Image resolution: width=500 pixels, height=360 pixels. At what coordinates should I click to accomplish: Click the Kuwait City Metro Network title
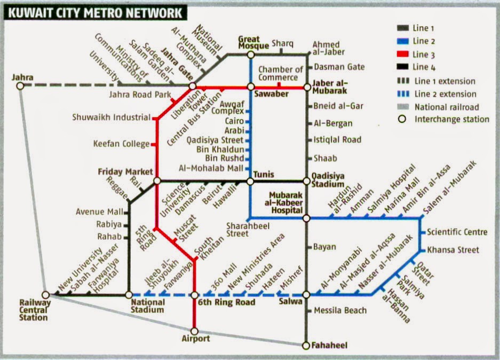click(x=93, y=12)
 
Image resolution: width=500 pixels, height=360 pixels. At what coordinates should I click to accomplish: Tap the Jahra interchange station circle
click(x=20, y=85)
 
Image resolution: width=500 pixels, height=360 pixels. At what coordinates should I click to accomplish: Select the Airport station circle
click(x=194, y=331)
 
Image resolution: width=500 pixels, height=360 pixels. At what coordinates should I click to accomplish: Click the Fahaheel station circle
click(x=306, y=346)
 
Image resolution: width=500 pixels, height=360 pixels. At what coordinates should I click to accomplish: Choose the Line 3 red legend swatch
click(x=403, y=54)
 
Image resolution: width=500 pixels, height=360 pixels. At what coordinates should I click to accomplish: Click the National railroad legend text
click(x=447, y=107)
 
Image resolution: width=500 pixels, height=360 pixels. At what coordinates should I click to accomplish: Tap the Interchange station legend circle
click(x=403, y=120)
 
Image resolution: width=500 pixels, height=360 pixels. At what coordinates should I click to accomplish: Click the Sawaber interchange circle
click(x=250, y=87)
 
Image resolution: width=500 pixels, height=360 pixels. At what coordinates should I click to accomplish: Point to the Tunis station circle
click(x=250, y=182)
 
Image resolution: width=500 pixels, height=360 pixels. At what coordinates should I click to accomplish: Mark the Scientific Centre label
click(x=457, y=232)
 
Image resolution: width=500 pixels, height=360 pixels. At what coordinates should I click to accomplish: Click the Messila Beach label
click(x=340, y=310)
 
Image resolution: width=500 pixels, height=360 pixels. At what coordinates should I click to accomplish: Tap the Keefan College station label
click(x=121, y=144)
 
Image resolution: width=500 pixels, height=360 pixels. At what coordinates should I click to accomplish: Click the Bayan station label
click(x=324, y=247)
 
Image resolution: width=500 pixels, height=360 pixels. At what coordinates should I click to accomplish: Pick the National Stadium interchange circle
click(x=129, y=294)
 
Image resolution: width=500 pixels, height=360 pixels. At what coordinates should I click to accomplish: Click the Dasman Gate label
click(x=339, y=67)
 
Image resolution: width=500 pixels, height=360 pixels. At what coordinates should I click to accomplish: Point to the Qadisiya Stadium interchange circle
click(x=306, y=182)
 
